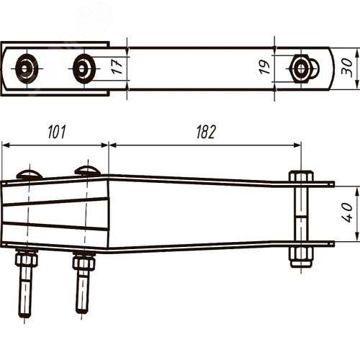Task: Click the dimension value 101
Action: pos(57,132)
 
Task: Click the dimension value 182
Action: pos(206,132)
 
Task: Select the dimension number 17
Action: pos(117,66)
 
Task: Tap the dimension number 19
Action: pos(264,67)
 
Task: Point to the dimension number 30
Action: pos(347,68)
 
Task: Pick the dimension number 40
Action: pos(347,212)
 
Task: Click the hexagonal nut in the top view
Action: pos(300,69)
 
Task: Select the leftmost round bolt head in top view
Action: pos(27,69)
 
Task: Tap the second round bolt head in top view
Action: pos(84,69)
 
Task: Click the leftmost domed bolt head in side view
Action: pos(30,174)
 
